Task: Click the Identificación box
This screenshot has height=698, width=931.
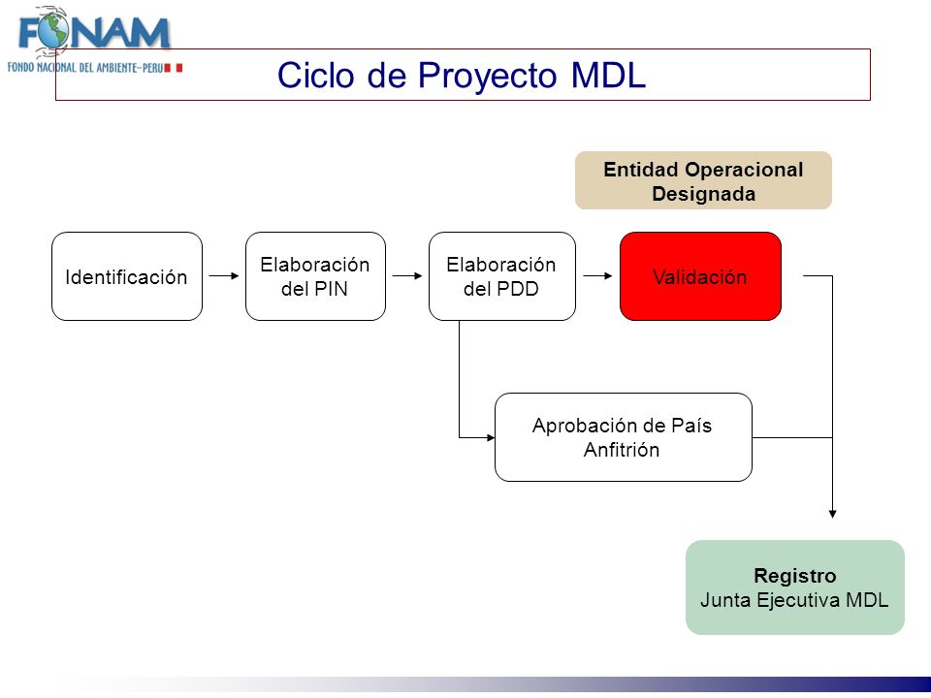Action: (x=127, y=276)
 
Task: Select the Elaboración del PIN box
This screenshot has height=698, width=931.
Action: (x=315, y=276)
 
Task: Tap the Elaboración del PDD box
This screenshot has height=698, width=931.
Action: (x=501, y=276)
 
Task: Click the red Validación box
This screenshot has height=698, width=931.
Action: (x=700, y=276)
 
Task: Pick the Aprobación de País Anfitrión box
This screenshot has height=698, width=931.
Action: (x=624, y=437)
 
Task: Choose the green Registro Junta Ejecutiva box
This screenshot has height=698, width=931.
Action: (x=795, y=587)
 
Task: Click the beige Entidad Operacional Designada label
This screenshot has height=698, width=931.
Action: (x=704, y=180)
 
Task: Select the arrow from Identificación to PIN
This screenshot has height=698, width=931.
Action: (x=224, y=276)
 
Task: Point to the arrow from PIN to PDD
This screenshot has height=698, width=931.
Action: (x=407, y=276)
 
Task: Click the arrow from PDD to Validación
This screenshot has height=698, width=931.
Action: (x=598, y=276)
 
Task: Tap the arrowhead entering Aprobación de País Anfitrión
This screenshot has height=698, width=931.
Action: (x=491, y=438)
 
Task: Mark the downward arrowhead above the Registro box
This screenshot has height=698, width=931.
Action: (x=832, y=514)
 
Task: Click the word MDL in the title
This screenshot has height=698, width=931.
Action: (x=609, y=76)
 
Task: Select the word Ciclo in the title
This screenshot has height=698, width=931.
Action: (x=316, y=76)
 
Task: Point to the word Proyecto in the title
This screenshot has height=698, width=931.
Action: (x=488, y=77)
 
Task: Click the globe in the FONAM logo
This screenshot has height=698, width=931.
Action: (x=53, y=31)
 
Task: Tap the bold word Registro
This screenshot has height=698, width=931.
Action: (x=795, y=576)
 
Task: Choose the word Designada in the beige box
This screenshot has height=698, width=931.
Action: (x=704, y=194)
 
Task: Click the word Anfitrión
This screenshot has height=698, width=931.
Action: (x=622, y=450)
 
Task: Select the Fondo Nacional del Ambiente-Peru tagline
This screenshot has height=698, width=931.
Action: (x=85, y=68)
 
